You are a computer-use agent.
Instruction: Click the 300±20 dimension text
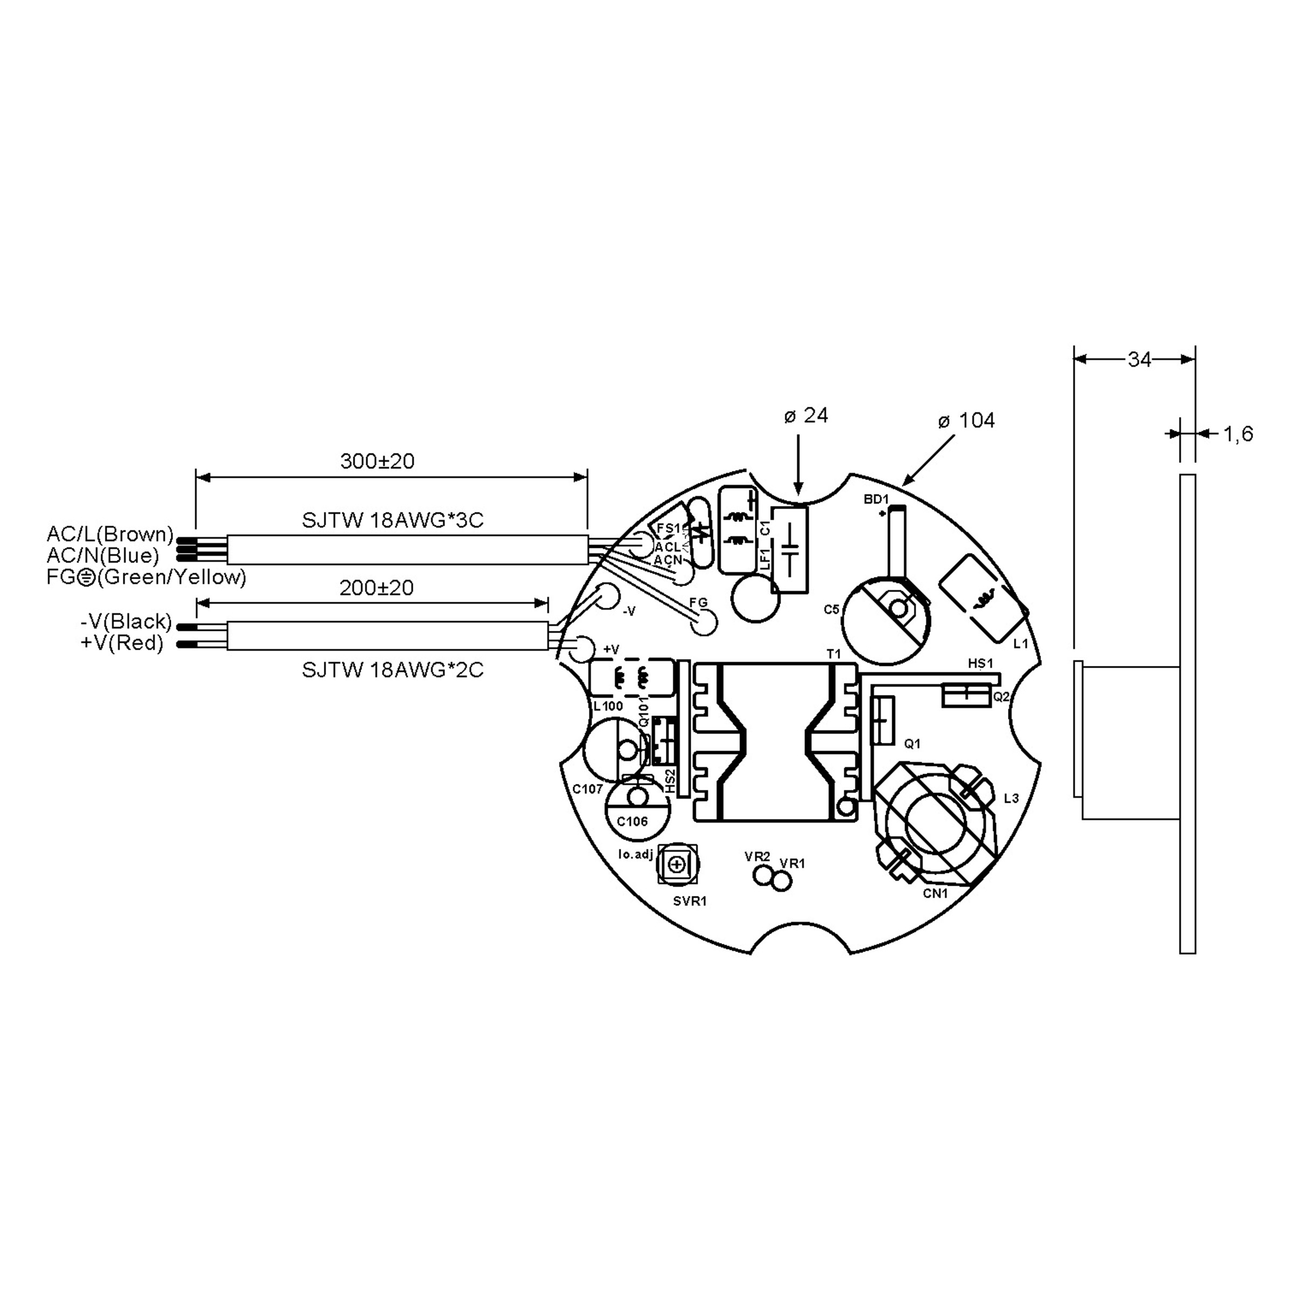tap(378, 461)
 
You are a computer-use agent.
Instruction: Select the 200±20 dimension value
tap(377, 588)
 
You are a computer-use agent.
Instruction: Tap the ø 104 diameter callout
tap(967, 420)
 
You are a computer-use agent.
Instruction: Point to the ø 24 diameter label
tap(807, 415)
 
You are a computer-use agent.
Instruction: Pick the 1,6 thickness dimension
tap(1238, 434)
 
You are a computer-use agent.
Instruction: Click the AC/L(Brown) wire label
tap(110, 534)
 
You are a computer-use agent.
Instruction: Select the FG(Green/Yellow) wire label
tap(147, 577)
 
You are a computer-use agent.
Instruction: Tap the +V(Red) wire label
tap(122, 643)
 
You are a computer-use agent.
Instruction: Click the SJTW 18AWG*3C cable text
tap(393, 520)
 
